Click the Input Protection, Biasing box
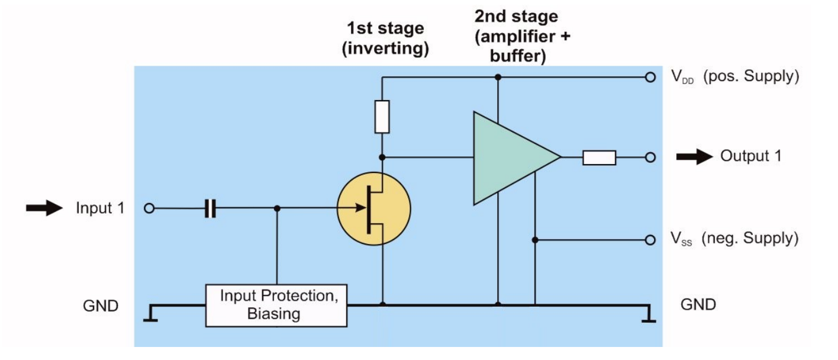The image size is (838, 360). [276, 305]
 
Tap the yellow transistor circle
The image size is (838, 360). [373, 209]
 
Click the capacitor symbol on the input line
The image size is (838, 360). [210, 208]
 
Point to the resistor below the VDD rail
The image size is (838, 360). [382, 117]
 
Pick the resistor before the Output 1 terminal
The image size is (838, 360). [599, 157]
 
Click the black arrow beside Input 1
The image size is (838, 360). [44, 208]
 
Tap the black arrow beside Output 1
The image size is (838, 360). [695, 157]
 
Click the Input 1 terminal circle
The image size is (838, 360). [150, 208]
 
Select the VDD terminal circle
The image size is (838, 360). [650, 77]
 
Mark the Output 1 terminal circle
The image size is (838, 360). [650, 157]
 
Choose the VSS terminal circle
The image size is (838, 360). [650, 240]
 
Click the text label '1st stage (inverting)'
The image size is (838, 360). [385, 38]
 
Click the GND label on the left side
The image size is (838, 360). [101, 306]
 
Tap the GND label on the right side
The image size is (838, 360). [698, 305]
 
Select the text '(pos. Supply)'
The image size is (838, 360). [751, 77]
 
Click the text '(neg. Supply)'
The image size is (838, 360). [750, 239]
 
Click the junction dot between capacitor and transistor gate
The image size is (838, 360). [277, 208]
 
